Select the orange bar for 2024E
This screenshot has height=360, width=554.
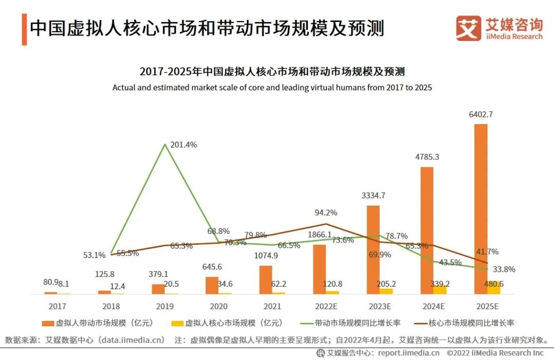pos(427,230)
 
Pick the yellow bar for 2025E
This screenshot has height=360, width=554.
pos(493,288)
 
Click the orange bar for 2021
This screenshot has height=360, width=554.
pos(265,279)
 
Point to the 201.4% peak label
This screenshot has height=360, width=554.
pos(184,145)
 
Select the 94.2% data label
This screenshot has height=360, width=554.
pos(326,212)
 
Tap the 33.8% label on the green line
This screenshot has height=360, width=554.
pos(503,269)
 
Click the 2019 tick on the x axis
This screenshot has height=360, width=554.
pos(165,307)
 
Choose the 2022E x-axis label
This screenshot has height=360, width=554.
pos(326,307)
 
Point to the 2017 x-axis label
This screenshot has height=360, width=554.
pos(57,307)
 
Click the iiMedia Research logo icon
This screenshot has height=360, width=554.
pos(468,28)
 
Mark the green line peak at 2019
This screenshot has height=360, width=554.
pos(165,145)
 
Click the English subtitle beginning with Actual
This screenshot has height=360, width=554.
pos(272,88)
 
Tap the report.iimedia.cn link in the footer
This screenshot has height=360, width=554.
pos(408,353)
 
